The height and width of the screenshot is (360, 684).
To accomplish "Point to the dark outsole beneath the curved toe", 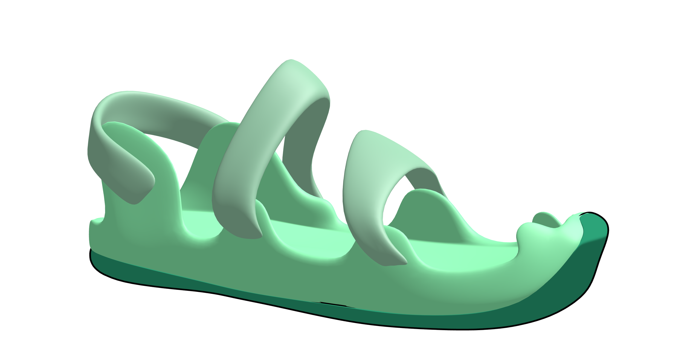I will [x=561, y=295].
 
